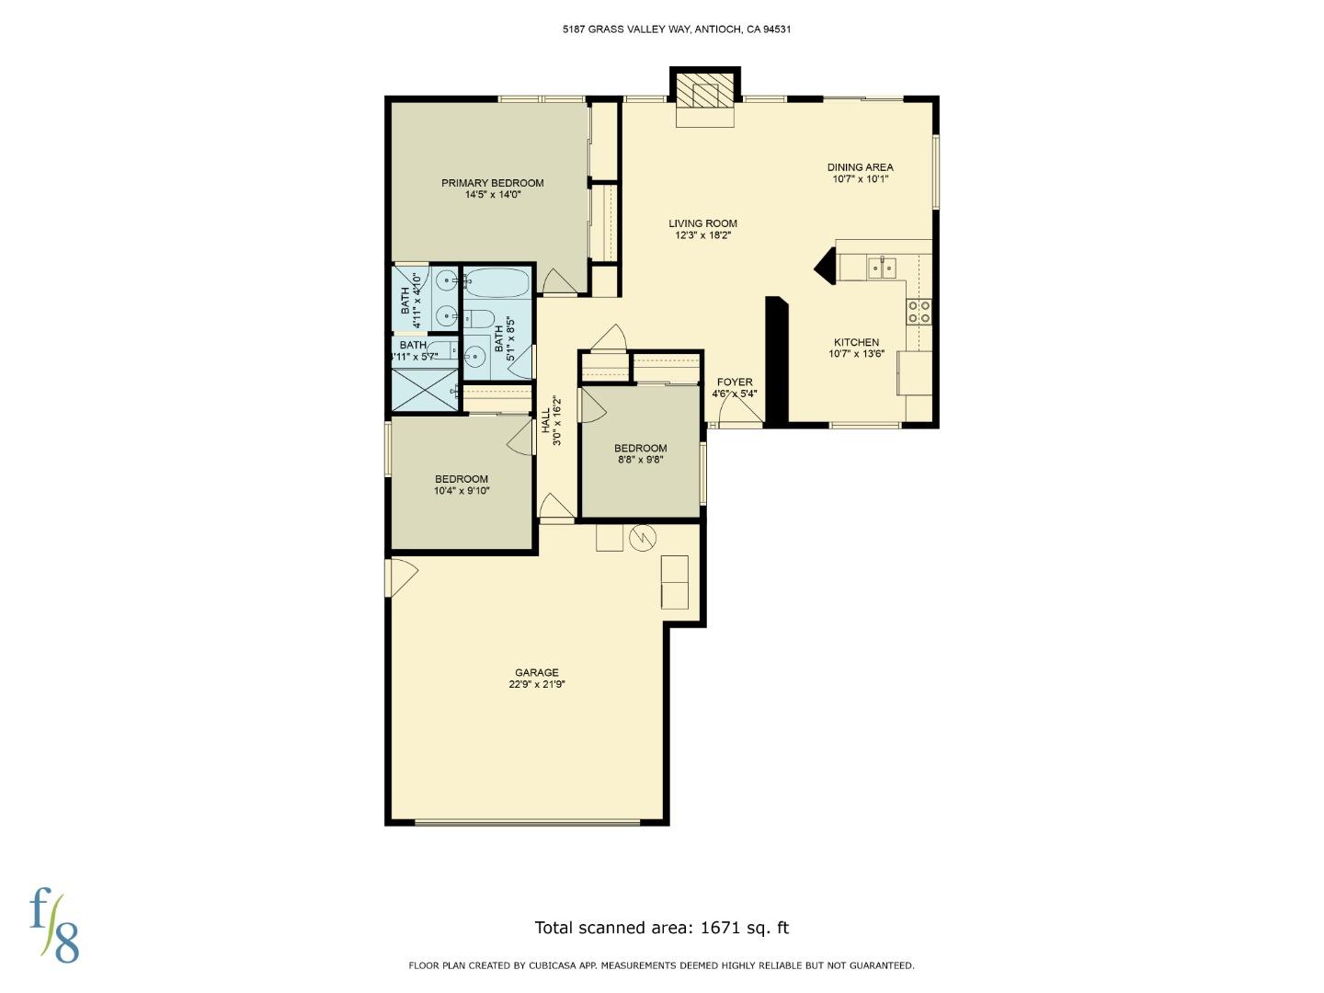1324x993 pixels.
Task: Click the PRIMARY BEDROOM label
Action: click(x=492, y=183)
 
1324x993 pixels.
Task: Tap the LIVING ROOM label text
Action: click(x=702, y=223)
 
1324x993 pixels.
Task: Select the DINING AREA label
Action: click(x=860, y=167)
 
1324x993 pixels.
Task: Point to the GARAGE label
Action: click(x=536, y=672)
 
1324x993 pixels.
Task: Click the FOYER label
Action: click(x=735, y=382)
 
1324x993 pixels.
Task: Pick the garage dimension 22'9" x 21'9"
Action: click(x=536, y=685)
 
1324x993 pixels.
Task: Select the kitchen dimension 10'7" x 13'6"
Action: click(x=856, y=354)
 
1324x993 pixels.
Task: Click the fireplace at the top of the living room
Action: click(x=705, y=95)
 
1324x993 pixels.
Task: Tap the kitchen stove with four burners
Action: click(x=919, y=312)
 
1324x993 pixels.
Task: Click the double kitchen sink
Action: click(x=882, y=268)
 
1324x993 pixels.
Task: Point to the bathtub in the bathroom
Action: click(x=496, y=282)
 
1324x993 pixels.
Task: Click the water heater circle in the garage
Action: click(x=643, y=538)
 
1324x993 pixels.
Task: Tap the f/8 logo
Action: click(x=54, y=926)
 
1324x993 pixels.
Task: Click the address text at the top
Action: click(x=677, y=29)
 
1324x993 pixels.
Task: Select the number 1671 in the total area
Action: click(x=721, y=928)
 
